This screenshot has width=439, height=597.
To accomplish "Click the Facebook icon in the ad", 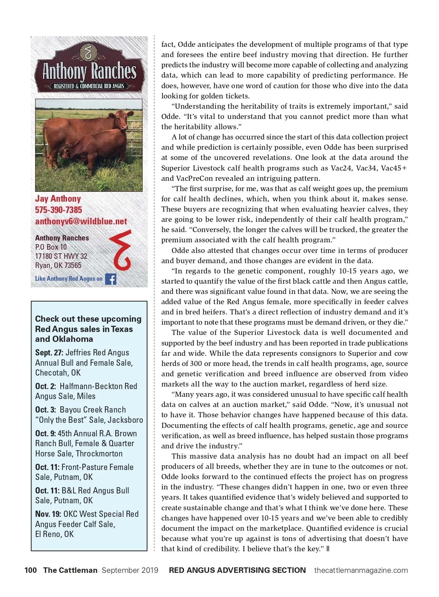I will tap(110, 279).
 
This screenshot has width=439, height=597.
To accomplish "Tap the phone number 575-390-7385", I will tap(59, 210).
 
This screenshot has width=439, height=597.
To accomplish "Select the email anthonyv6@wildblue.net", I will tap(81, 221).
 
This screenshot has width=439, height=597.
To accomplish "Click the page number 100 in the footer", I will tap(31, 570).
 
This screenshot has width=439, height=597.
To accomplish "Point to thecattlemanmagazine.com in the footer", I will tap(361, 570).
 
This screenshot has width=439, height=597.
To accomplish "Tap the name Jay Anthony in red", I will tap(58, 199).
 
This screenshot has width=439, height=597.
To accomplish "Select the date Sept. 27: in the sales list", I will tap(49, 352).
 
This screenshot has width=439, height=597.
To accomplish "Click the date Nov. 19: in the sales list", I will tap(48, 514).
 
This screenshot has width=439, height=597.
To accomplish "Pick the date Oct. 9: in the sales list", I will tap(45, 433).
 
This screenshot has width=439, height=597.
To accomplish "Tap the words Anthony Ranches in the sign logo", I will tap(89, 71).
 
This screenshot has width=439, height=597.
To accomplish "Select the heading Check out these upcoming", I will tap(88, 319).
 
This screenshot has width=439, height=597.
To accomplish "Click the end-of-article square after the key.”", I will tap(328, 548).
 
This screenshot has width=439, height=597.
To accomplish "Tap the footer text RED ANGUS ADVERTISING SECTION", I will tap(237, 570).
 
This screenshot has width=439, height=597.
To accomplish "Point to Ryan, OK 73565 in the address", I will tap(58, 265).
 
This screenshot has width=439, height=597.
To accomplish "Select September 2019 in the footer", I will tap(130, 570).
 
